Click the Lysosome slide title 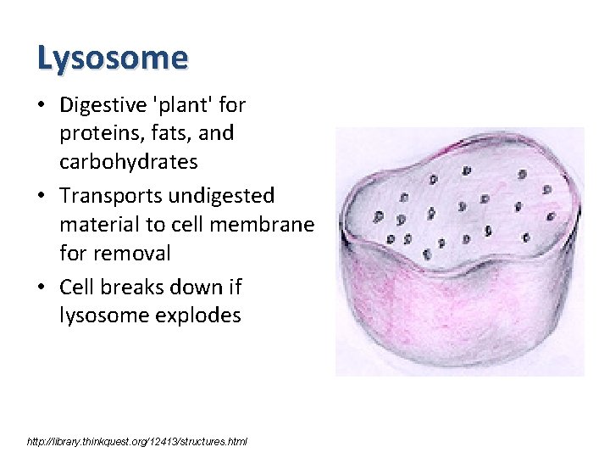pos(112,59)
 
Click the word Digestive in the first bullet pos(100,105)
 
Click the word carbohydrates pos(129,162)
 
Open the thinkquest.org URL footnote pos(137,442)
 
